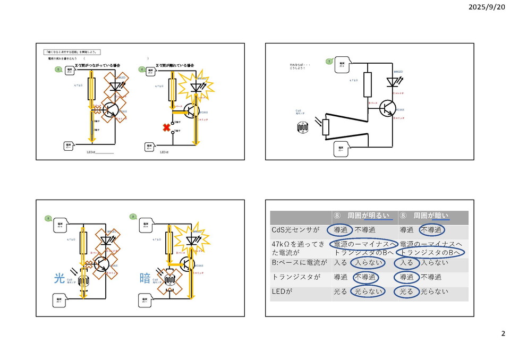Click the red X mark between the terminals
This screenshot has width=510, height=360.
tap(167, 128)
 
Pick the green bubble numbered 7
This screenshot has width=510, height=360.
tap(329, 62)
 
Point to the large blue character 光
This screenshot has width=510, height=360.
tap(59, 278)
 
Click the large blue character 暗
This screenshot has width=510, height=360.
tap(145, 278)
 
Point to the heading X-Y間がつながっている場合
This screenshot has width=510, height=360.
tap(97, 65)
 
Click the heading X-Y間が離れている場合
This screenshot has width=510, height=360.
tap(175, 65)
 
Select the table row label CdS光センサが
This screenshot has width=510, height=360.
tap(294, 230)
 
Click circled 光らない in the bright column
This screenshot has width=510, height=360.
tap(368, 292)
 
